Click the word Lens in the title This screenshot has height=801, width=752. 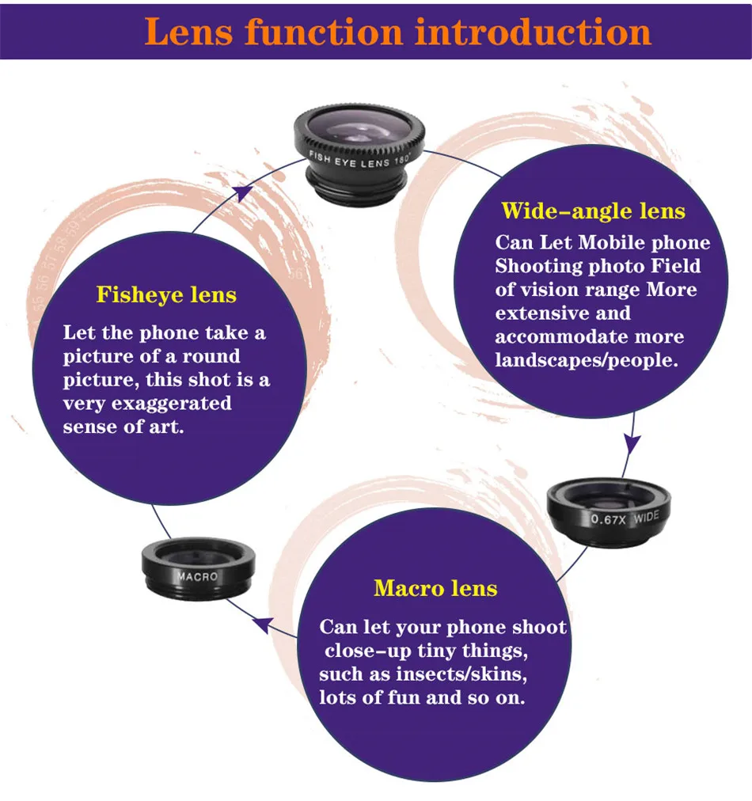click(x=188, y=31)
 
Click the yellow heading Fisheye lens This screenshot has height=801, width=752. click(x=166, y=295)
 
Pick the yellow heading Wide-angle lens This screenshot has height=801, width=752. click(x=594, y=211)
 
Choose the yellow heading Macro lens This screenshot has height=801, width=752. click(x=435, y=589)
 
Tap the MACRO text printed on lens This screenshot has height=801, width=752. click(x=196, y=576)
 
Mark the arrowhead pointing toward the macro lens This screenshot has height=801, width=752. click(x=260, y=626)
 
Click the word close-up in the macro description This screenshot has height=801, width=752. click(x=369, y=651)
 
